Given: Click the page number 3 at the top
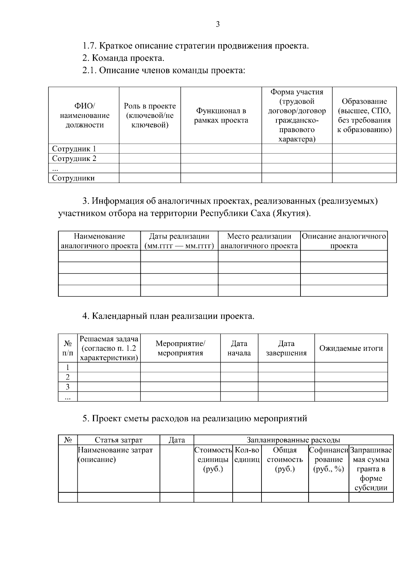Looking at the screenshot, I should (217, 24).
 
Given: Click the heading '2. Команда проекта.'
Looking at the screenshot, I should (123, 58).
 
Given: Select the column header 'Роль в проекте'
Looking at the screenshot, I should (150, 115).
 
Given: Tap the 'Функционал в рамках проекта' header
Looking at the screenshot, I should (221, 115).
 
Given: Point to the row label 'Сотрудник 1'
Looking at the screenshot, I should (74, 149).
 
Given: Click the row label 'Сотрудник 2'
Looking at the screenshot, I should (74, 158).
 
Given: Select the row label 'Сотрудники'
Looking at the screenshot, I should (73, 178).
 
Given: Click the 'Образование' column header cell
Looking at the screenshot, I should (364, 115).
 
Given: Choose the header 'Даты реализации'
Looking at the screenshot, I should (179, 241).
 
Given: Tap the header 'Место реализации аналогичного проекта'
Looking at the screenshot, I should (259, 241).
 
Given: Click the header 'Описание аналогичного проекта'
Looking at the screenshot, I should (344, 241).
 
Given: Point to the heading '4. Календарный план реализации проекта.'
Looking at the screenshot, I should (168, 316).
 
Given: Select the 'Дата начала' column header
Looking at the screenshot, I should (239, 348).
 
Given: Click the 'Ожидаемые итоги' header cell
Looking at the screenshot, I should (351, 348).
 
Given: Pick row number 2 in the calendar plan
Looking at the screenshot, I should (67, 377).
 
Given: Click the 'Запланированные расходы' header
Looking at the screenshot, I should (293, 440).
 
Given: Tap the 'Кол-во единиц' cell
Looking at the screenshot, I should (247, 455).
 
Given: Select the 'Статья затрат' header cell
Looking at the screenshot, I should (118, 440).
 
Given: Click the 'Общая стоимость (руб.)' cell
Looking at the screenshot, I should (285, 459).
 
